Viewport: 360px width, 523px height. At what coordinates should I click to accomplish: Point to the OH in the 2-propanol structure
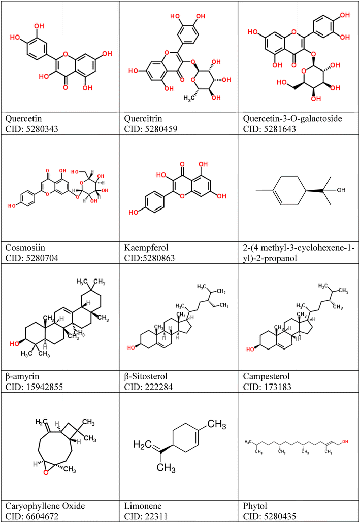[x=340, y=191]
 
